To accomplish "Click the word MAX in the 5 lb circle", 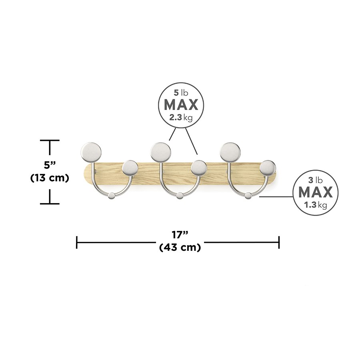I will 181,105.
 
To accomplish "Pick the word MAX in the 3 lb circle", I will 316,192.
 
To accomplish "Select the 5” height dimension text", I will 50,164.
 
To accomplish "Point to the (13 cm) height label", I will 50,178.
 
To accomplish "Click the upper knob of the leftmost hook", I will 92,151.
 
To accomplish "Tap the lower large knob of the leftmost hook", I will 130,168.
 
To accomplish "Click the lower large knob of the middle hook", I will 199,168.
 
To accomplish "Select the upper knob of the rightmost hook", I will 230,151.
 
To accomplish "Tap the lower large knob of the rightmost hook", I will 268,168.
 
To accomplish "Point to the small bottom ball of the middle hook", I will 180,196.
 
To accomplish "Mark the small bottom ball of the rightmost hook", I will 249,196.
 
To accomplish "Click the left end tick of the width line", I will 77,242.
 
